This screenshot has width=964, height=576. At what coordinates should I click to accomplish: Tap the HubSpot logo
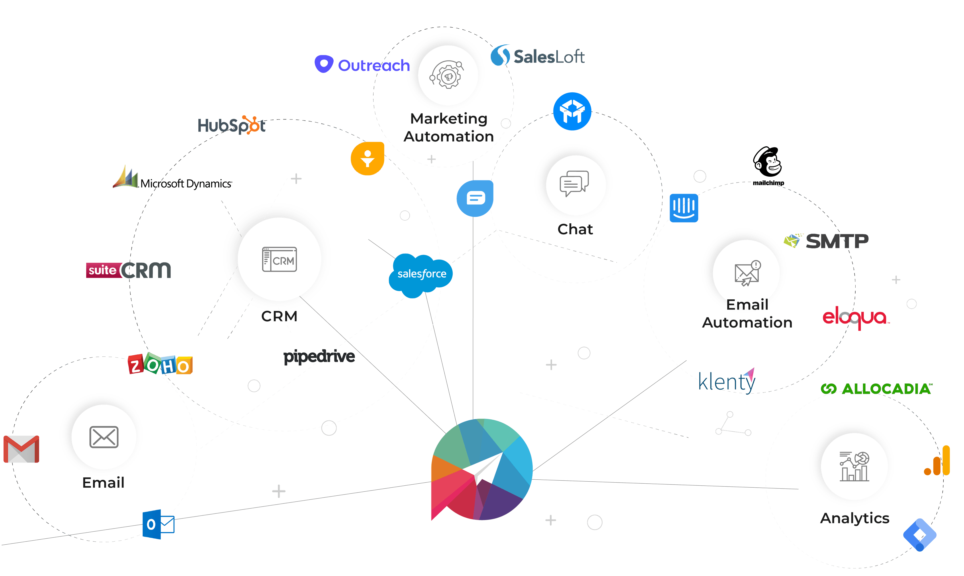click(232, 125)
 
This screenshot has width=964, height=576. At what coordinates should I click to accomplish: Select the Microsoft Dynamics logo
click(172, 178)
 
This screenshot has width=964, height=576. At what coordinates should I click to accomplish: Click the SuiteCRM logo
click(129, 270)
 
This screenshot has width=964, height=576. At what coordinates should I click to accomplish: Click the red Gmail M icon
click(21, 449)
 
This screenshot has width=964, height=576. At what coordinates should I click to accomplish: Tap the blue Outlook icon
click(158, 524)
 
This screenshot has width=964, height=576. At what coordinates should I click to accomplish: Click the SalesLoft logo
click(538, 55)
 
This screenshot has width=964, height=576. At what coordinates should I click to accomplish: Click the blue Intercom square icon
click(684, 208)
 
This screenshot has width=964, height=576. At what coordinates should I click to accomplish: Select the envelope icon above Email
click(104, 437)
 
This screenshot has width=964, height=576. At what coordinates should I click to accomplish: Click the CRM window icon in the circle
click(279, 259)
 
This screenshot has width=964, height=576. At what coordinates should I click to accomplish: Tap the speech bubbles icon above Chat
click(574, 183)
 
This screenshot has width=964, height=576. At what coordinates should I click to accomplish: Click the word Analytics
click(855, 518)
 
